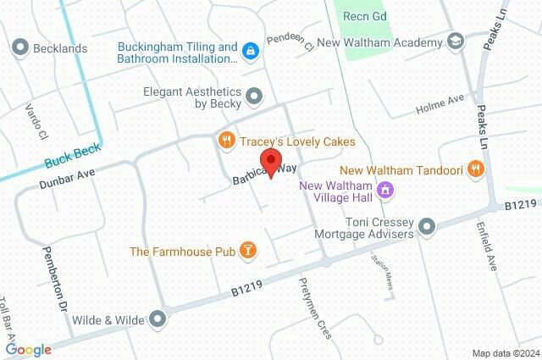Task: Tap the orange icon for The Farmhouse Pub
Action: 248,251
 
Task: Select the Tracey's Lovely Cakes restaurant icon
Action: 225,141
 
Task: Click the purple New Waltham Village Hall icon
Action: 386,190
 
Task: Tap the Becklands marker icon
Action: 20,48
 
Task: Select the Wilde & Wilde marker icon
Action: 158,319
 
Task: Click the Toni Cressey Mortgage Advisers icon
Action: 426,227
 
